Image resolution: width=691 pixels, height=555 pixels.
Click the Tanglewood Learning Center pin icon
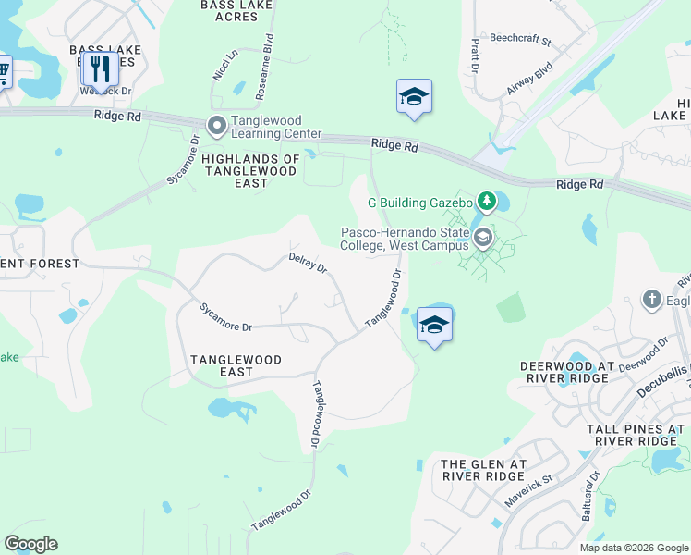217,125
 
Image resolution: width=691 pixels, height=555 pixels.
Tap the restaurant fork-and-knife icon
100,68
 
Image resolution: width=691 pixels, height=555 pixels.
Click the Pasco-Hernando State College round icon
481,240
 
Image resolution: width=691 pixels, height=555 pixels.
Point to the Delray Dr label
308,264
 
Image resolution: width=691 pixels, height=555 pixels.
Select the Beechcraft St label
520,42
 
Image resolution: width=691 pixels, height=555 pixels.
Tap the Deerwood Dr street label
643,355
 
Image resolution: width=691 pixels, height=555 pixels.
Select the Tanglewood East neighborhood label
236,364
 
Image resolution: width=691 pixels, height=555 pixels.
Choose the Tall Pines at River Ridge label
636,435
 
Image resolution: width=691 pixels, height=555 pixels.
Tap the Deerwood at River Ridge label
567,372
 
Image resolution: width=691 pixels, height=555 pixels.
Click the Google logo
30,543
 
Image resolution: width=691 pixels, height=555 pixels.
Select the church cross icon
652,300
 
